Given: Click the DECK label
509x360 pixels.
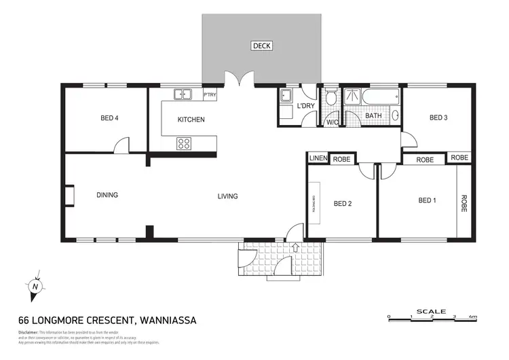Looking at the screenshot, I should pyautogui.click(x=261, y=46).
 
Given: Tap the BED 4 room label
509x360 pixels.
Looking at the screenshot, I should pyautogui.click(x=110, y=118).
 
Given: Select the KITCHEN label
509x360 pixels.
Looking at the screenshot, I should pyautogui.click(x=191, y=120).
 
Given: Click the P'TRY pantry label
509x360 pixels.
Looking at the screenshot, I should pyautogui.click(x=210, y=95).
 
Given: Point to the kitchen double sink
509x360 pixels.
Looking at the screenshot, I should pyautogui.click(x=183, y=95).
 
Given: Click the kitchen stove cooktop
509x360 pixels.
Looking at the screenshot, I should pyautogui.click(x=183, y=143).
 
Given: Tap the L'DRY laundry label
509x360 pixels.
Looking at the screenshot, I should pyautogui.click(x=305, y=107).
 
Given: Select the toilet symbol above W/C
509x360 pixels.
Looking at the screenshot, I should pyautogui.click(x=331, y=99).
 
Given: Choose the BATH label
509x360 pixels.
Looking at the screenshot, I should pyautogui.click(x=373, y=116).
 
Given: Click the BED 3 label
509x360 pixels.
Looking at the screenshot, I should pyautogui.click(x=438, y=118).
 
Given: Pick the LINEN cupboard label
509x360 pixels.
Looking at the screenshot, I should pyautogui.click(x=318, y=158).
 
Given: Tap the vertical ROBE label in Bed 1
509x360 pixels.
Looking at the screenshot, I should pyautogui.click(x=464, y=204).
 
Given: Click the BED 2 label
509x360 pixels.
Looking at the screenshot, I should pyautogui.click(x=343, y=203).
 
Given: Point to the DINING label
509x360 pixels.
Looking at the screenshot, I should pyautogui.click(x=107, y=195).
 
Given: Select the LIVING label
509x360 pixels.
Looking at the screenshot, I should pyautogui.click(x=227, y=196).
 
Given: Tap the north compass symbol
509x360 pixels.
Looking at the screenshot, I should pyautogui.click(x=35, y=287).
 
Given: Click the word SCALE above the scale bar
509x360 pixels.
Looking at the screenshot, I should pyautogui.click(x=432, y=311).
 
